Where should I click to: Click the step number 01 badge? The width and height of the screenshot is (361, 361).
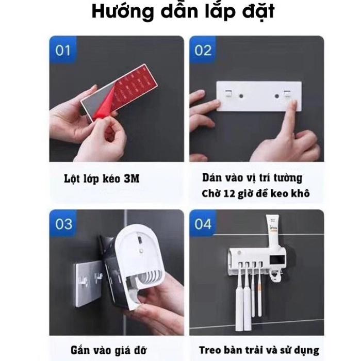point(62,50)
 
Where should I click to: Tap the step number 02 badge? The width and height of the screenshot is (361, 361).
point(203,50)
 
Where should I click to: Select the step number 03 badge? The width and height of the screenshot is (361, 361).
point(63,224)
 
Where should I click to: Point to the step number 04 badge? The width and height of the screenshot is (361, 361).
point(203,224)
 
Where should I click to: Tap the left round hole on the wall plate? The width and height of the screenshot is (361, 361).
point(241,96)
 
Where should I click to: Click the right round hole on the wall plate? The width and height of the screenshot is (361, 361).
point(277,96)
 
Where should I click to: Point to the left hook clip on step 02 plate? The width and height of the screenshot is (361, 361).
point(228,93)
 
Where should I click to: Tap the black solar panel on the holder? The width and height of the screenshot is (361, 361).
point(277,260)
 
